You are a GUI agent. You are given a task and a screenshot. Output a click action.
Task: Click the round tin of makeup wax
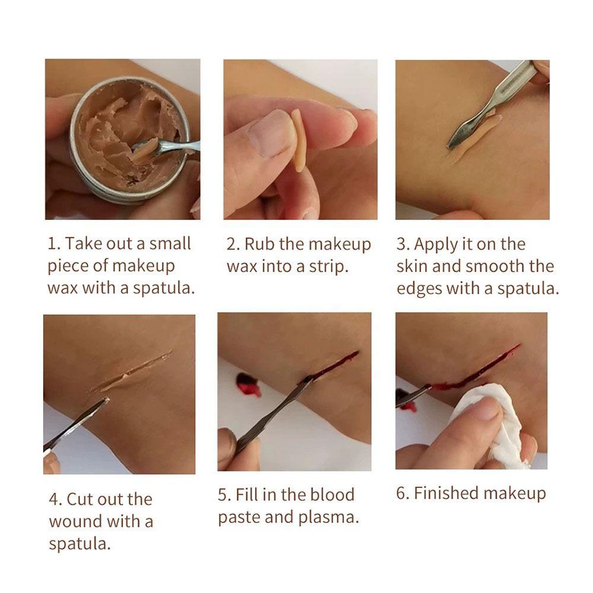pyautogui.click(x=129, y=138)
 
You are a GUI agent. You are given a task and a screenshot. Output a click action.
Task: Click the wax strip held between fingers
pyautogui.click(x=299, y=141)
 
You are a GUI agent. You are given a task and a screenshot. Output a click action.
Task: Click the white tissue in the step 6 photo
pyautogui.click(x=488, y=423)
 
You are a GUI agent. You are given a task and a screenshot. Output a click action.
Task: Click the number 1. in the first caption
pyautogui.click(x=55, y=244)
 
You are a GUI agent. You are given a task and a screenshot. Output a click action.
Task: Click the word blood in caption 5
pyautogui.click(x=332, y=495)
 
